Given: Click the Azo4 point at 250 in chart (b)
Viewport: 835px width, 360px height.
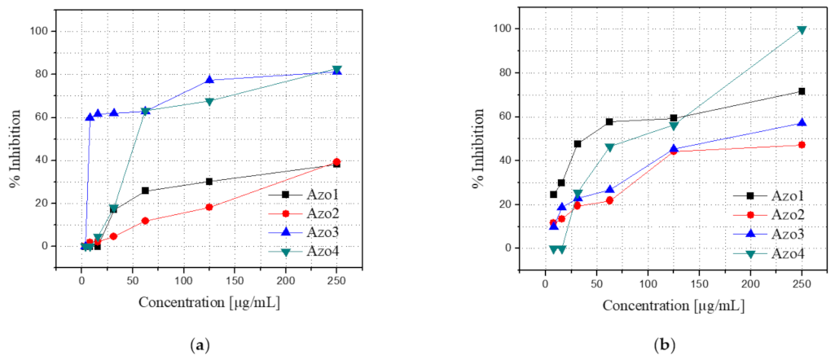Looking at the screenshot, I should [x=802, y=30].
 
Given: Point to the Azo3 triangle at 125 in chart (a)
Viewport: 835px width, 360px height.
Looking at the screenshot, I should [x=209, y=79].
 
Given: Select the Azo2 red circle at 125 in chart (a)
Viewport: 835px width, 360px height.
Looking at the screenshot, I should [x=209, y=207].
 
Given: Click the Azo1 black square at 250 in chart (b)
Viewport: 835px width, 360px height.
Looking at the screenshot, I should [x=802, y=91].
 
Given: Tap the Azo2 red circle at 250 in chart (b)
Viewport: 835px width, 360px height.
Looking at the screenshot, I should [x=802, y=145].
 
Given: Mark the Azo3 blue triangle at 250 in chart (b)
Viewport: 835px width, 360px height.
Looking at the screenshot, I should [x=802, y=122].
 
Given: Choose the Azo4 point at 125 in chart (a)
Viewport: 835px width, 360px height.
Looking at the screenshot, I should [x=209, y=101].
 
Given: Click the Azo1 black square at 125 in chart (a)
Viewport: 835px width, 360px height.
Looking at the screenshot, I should [x=209, y=181].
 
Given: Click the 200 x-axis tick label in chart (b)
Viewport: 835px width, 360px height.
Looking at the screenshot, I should [x=749, y=284].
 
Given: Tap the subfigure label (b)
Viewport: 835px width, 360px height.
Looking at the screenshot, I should [x=664, y=345].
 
